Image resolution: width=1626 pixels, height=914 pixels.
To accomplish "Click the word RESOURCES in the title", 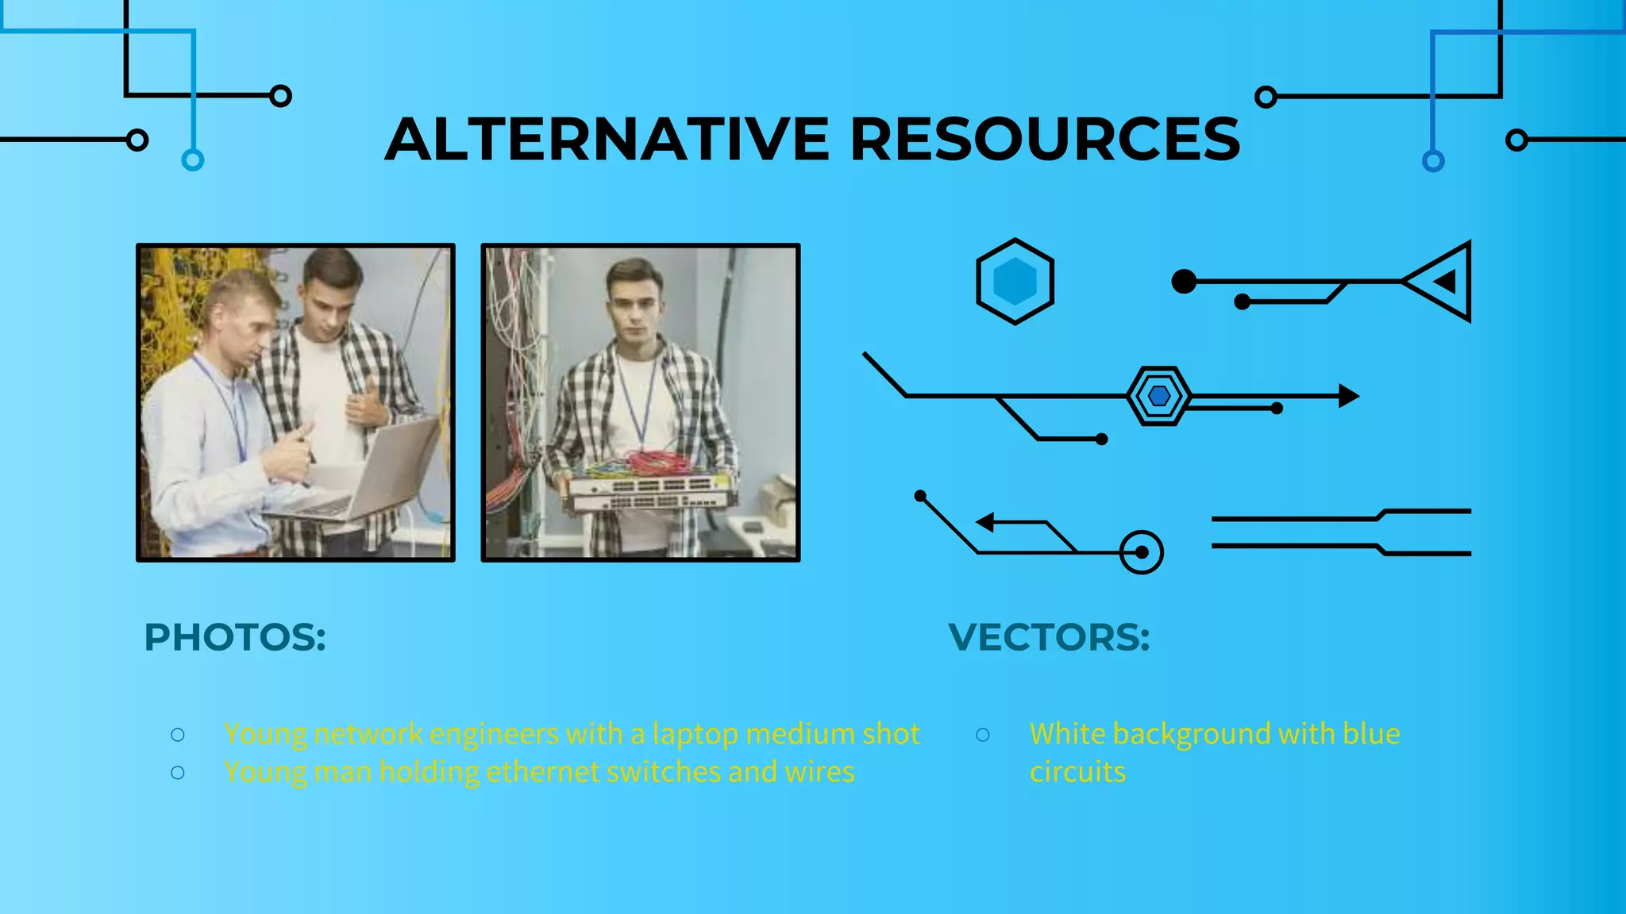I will pos(1045,140).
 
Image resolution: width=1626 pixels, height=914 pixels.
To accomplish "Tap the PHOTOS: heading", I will pos(235,637).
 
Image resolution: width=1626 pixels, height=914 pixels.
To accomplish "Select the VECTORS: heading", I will pos(1049,637).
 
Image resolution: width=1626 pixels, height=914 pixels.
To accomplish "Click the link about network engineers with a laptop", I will pos(572,734).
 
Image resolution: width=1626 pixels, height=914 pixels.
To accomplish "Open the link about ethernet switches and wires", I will pos(539,772).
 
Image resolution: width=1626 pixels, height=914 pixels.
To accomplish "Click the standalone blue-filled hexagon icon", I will pos(1015,282).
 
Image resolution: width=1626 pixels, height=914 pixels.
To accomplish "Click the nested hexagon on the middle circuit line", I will pos(1158,396).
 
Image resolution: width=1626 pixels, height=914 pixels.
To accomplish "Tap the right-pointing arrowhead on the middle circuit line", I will pos(1348,396).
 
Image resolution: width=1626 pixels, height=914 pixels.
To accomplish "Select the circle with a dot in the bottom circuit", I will pos(1142,552).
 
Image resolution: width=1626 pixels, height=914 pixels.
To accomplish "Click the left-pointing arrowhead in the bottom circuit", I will pos(985,522).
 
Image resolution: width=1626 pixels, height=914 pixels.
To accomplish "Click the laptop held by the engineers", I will pos(373,476).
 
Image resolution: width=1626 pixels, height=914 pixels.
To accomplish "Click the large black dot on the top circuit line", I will pos(1184,282).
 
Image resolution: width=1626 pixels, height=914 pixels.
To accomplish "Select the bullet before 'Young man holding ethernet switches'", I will pos(178,773).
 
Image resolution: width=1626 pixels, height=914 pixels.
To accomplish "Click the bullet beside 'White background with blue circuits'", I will pos(983,735).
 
